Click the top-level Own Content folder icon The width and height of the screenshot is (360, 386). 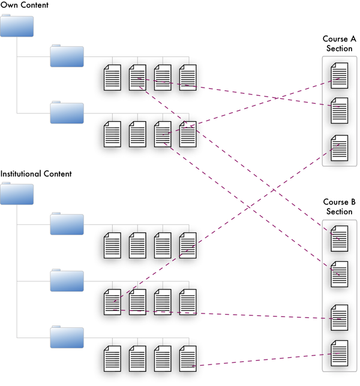tap(17, 26)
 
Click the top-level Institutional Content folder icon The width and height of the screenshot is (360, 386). tap(17, 194)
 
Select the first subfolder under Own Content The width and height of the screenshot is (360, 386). tap(67, 56)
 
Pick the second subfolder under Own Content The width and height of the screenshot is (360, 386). tap(67, 112)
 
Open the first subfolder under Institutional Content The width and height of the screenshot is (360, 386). tap(67, 224)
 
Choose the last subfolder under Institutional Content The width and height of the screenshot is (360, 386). tap(67, 337)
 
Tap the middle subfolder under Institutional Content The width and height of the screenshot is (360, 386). tap(67, 280)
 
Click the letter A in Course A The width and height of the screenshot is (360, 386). tap(353, 39)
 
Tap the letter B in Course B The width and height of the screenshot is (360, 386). tap(353, 202)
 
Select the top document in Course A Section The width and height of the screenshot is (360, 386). tap(340, 76)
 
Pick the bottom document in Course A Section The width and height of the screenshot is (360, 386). tap(340, 148)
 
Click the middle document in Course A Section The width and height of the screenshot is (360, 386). tap(340, 110)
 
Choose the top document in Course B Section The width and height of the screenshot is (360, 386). tap(340, 239)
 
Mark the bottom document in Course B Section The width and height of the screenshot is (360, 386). tap(340, 353)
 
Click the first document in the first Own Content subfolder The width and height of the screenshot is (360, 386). tap(112, 77)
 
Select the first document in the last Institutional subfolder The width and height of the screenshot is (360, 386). tap(112, 358)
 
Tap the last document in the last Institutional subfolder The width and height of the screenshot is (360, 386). tap(188, 358)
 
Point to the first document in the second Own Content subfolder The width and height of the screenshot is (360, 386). tap(112, 134)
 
